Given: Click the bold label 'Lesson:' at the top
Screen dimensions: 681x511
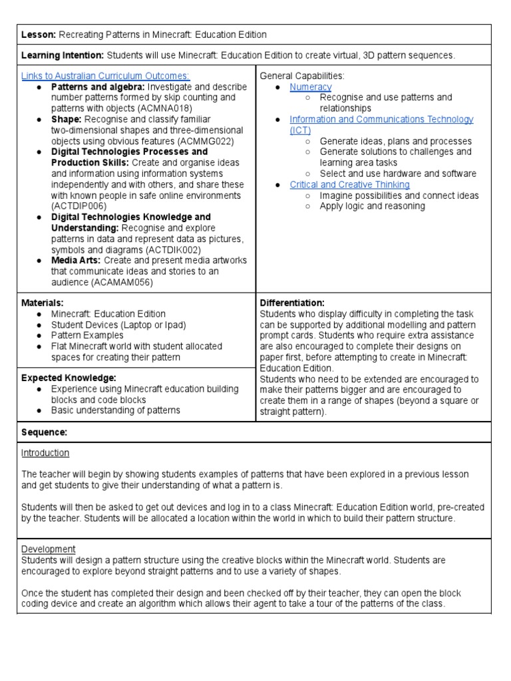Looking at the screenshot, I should tap(39, 35).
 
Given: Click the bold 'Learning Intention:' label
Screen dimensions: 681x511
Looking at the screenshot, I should tap(63, 56).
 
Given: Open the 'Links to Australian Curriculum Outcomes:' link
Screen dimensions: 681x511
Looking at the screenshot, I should tap(106, 76).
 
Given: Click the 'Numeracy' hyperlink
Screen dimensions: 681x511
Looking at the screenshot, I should tap(311, 87).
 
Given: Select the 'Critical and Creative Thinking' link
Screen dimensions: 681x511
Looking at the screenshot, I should tap(350, 185).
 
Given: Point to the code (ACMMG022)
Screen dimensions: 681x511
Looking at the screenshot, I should tap(200, 141).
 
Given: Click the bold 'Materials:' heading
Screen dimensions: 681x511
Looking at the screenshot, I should tap(43, 303).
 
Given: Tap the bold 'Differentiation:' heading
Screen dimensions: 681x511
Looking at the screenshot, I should tap(292, 303).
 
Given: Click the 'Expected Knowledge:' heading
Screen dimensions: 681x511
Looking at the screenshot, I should tap(64, 378).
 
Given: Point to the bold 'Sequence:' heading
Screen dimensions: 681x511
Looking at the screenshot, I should tap(45, 432).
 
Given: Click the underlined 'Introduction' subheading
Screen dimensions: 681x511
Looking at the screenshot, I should tap(45, 453).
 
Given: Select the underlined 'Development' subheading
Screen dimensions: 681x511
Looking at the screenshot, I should tap(49, 549).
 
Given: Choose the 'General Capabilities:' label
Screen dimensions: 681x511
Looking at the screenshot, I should tap(302, 76).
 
